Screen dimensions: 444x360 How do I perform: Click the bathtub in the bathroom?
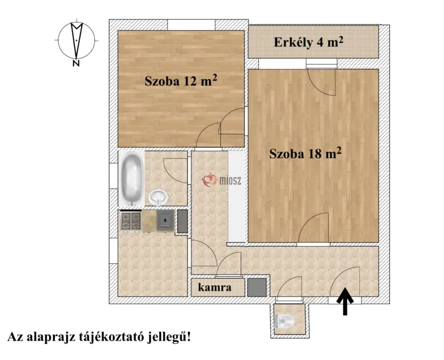point(131,179)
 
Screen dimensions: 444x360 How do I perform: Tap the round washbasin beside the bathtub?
point(158,197)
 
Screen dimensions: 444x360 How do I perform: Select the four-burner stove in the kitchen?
point(131,221)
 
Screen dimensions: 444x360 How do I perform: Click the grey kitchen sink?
point(165,220)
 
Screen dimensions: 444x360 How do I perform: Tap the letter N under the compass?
point(75,63)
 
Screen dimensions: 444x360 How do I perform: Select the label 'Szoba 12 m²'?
point(181,81)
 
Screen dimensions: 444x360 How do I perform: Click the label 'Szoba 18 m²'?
point(305,153)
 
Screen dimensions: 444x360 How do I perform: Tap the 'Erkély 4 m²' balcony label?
point(309,42)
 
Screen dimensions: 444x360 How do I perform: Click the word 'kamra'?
point(214,287)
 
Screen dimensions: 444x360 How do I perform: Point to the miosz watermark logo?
point(222,180)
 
